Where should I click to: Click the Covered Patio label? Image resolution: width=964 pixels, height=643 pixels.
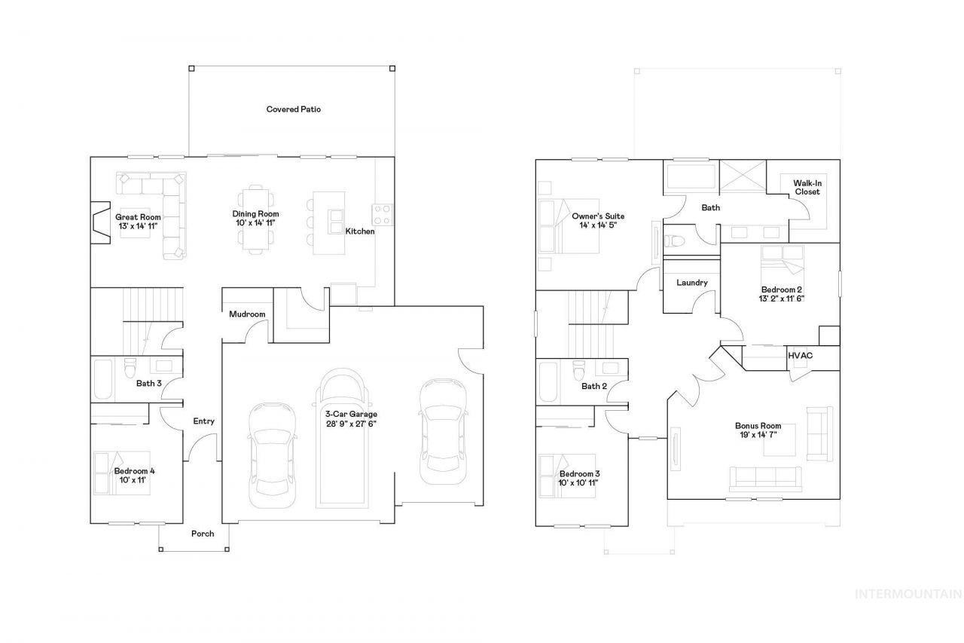pos(294,109)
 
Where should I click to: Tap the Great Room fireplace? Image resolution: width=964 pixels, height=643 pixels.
pos(100,223)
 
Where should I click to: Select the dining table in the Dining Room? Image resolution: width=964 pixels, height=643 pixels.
pos(255,219)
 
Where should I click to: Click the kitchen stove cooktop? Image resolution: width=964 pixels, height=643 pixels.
pos(382,214)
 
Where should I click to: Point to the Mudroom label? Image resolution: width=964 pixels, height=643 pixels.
pos(247,314)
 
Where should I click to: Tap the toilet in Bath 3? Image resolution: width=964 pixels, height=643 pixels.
pos(130,368)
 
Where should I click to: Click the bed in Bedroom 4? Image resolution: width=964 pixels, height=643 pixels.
pos(122,473)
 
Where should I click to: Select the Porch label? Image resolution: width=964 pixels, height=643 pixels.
pos(203,534)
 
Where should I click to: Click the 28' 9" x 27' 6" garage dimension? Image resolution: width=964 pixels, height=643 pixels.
pos(351,424)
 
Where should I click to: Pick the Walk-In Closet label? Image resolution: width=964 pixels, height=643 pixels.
pos(807,188)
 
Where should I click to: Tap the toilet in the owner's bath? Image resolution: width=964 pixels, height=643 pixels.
pos(674,240)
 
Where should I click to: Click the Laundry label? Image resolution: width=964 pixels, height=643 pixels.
pos(692,283)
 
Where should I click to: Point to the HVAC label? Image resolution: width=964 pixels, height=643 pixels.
pos(801,355)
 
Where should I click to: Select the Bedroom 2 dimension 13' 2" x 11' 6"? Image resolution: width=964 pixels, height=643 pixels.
pos(782,299)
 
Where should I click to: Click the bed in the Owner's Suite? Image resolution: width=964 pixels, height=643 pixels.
pos(569,226)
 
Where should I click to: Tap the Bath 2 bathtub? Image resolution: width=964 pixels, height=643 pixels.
pos(548,382)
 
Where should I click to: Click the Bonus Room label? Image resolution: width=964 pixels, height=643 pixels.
pos(758,426)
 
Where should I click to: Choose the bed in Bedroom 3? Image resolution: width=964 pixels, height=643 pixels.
pos(567,476)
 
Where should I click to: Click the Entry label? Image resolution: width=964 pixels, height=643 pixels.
pos(203,421)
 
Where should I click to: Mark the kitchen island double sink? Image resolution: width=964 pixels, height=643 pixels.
pos(336,222)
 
